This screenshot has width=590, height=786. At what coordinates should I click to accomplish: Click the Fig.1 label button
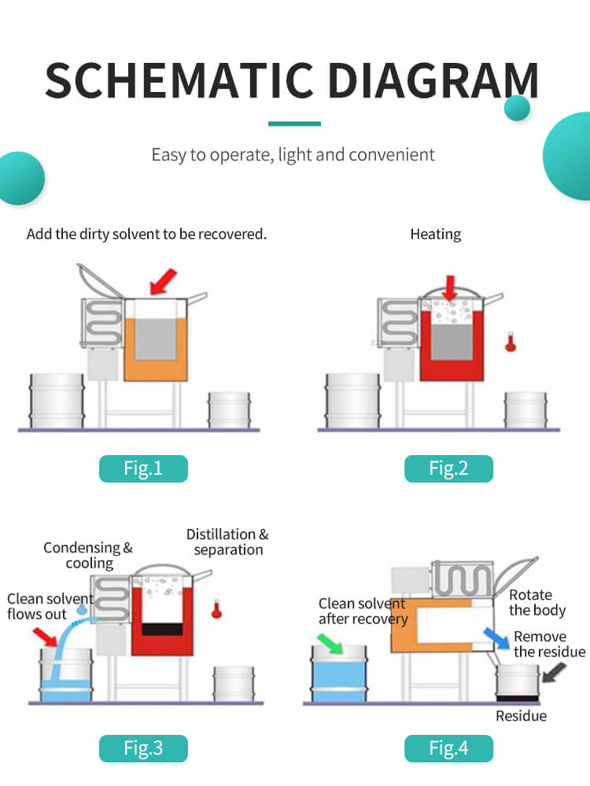click(143, 468)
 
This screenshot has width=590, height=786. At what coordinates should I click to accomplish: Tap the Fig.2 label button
click(448, 468)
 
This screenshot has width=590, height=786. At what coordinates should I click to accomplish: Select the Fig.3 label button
click(143, 748)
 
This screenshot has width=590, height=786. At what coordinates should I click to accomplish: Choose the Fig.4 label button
click(448, 748)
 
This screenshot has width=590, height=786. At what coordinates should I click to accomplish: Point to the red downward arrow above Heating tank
click(450, 286)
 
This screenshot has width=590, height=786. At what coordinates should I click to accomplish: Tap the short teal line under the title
click(294, 123)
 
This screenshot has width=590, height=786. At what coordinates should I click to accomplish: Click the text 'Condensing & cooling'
click(88, 555)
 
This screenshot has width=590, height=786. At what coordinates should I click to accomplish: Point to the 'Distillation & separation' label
click(228, 542)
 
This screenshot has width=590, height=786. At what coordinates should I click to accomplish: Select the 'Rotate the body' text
click(537, 602)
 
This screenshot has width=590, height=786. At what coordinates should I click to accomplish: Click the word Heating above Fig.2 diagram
click(435, 234)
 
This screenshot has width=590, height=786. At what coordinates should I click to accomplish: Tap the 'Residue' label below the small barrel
click(521, 715)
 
